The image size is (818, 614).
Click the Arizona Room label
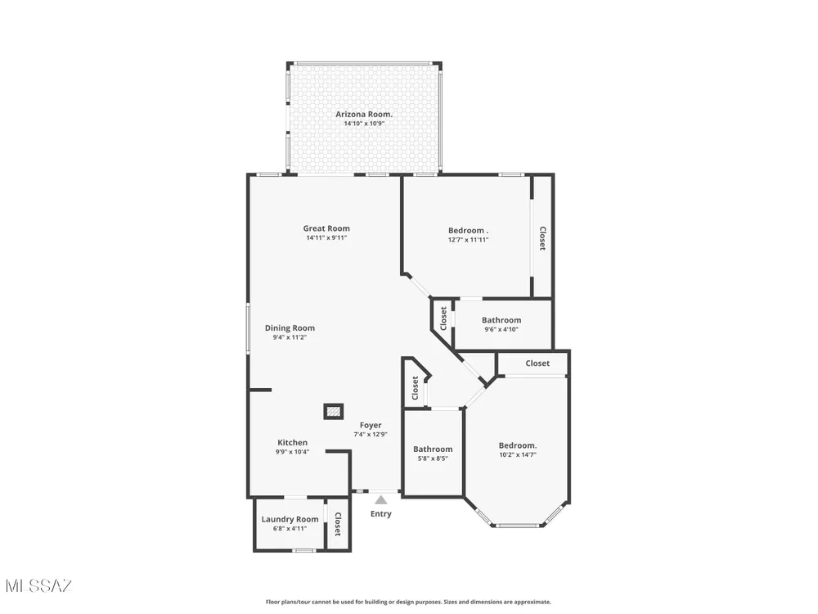pos(364,115)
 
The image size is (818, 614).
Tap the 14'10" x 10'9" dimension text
pos(364,124)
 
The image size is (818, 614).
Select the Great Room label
pos(326,228)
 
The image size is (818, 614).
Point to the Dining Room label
pos(290,328)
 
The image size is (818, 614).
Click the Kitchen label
pos(292,442)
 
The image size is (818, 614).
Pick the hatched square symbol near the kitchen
pos(334,412)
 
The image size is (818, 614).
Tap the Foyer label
pos(371,426)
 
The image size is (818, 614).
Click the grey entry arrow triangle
pos(381,499)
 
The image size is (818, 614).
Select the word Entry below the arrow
pos(381,514)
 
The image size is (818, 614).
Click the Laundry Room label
pos(290,519)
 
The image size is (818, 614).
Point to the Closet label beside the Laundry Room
pos(338,524)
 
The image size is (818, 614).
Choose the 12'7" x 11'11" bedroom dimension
pos(469,240)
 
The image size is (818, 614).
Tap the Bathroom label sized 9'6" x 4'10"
pos(501,320)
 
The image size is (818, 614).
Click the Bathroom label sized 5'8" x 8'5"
pos(433,449)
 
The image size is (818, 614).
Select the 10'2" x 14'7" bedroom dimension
pos(518,454)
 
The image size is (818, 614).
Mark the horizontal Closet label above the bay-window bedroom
pos(537,363)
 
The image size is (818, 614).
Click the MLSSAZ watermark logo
pos(39,586)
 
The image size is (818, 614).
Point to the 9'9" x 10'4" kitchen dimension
pos(292,452)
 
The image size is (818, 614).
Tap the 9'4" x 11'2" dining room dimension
pos(290,338)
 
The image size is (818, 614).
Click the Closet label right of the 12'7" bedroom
pos(542,238)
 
